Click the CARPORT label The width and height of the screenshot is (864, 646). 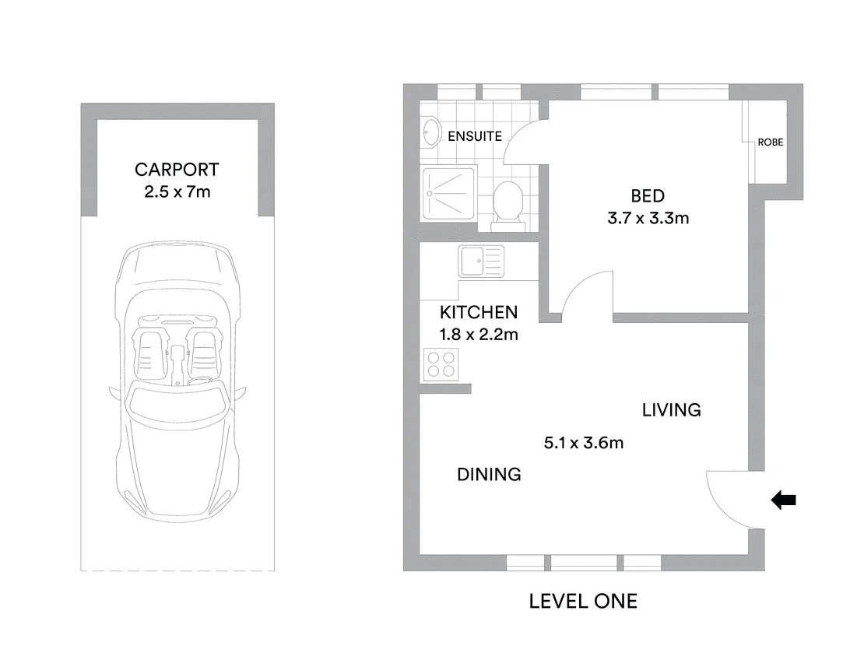pyautogui.click(x=177, y=169)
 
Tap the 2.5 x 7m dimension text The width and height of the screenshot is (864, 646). pyautogui.click(x=177, y=191)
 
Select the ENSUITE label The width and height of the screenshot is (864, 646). pyautogui.click(x=475, y=136)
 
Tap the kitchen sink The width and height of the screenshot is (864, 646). pyautogui.click(x=482, y=261)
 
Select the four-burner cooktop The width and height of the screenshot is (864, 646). pyautogui.click(x=441, y=363)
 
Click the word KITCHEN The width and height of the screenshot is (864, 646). pyautogui.click(x=479, y=313)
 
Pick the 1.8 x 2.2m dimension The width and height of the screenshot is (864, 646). pyautogui.click(x=479, y=335)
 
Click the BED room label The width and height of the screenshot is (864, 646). pyautogui.click(x=648, y=195)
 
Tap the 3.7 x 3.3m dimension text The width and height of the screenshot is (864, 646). pyautogui.click(x=648, y=218)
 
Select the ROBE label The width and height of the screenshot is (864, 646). pyautogui.click(x=770, y=142)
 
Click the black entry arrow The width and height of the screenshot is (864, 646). pyautogui.click(x=783, y=500)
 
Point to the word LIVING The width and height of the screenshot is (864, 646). pyautogui.click(x=671, y=409)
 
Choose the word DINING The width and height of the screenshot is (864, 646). pyautogui.click(x=489, y=474)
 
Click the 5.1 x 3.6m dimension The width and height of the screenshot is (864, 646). pyautogui.click(x=584, y=444)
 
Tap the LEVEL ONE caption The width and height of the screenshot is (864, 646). pyautogui.click(x=583, y=601)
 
